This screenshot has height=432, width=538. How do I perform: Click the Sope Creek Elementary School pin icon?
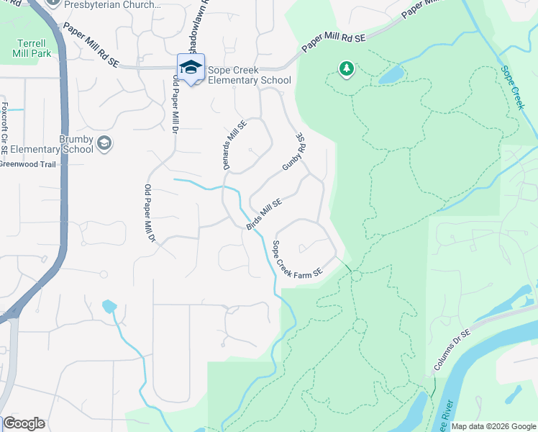(x=191, y=68)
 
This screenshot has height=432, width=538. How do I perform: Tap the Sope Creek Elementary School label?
(x=250, y=76)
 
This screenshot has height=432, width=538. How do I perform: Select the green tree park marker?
(x=347, y=68)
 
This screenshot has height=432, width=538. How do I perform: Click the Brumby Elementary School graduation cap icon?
(x=104, y=143)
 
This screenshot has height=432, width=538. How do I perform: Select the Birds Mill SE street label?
(x=263, y=215)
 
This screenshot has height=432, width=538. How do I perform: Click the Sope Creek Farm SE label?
(x=296, y=260)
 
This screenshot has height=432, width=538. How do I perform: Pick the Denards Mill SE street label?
(x=234, y=144)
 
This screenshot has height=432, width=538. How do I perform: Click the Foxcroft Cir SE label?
(x=4, y=129)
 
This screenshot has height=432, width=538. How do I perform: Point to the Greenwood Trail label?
(x=27, y=163)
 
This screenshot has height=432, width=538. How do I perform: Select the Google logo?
(x=24, y=423)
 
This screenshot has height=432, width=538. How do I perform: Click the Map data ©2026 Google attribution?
(x=494, y=426)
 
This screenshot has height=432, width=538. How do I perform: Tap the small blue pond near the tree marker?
(x=391, y=74)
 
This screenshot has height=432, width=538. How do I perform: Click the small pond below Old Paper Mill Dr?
(x=109, y=306)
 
